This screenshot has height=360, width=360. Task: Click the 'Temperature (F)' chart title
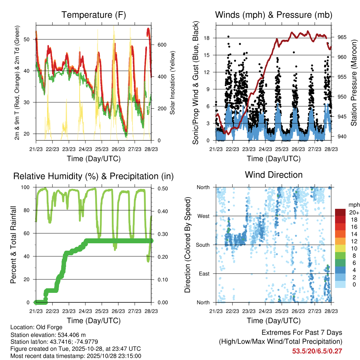coord(94,15)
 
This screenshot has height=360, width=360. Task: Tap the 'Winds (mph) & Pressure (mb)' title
coord(274,15)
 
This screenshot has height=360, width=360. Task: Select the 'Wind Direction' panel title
coord(274,175)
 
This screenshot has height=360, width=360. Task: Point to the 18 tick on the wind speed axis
coord(207,38)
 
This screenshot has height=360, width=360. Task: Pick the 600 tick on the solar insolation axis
coord(161,45)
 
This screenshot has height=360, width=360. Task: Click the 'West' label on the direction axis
coord(204,216)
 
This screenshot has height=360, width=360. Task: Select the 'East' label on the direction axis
coord(204,274)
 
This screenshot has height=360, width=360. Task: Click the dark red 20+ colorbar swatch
coord(340,212)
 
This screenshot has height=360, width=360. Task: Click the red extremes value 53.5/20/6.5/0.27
coord(317,351)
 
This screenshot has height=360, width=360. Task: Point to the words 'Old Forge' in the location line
coord(50,327)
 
